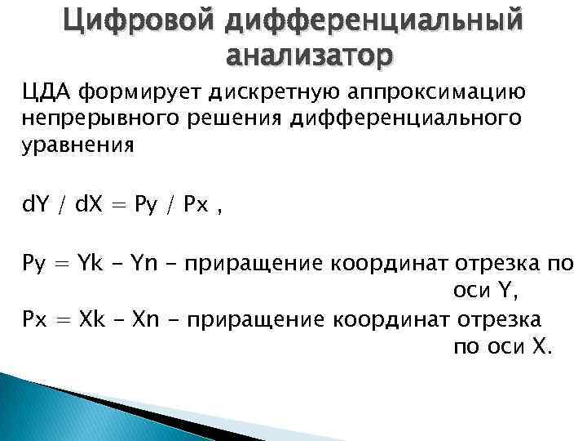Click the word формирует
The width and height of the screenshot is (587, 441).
click(x=123, y=94)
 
